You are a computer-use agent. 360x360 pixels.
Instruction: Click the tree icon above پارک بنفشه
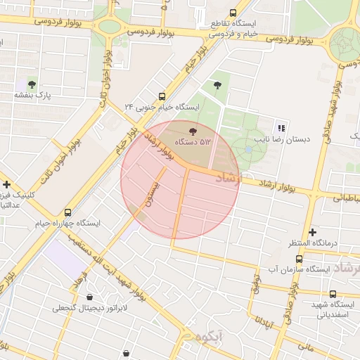30,84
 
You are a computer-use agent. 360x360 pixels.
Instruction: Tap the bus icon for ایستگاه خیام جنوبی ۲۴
162,96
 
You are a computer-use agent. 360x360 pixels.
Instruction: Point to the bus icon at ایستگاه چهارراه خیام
68,212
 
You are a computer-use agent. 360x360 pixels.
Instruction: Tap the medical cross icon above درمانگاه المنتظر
312,232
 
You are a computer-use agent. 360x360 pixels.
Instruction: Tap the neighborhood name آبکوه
210,336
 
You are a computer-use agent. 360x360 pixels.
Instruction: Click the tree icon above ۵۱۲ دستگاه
193,130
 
